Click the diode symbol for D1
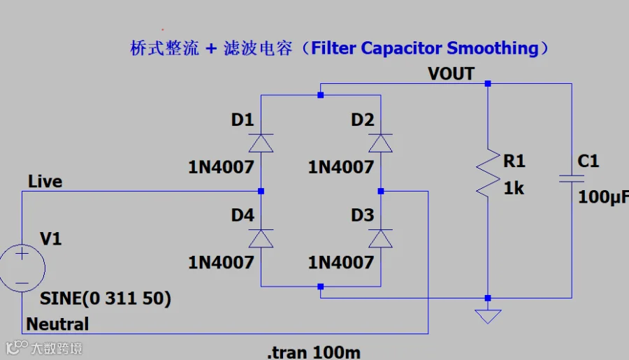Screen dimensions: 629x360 coord(261,143)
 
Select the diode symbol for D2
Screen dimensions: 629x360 coord(381,143)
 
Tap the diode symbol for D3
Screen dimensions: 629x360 coord(381,238)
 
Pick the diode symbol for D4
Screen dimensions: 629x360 coord(261,238)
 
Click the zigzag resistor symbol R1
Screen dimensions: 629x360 coord(488,173)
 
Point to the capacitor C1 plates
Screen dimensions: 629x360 coord(572,178)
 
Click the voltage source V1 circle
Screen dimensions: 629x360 coord(22,268)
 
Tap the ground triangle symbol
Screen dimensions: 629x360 coord(488,316)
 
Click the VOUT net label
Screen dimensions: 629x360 coord(451,74)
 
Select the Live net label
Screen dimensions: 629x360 coord(45,182)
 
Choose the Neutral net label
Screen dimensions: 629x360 coord(57,324)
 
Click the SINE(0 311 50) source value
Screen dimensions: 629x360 coord(106,298)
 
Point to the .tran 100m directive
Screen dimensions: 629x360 coord(314,352)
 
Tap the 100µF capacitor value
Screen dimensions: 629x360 coord(603,197)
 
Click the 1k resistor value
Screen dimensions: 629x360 coord(514,188)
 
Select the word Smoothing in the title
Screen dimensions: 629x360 coord(493,48)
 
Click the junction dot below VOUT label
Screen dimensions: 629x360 coord(488,83)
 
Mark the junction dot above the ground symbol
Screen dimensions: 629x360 coord(488,298)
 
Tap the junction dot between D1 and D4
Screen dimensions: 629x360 coord(261,191)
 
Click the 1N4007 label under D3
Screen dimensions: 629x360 coord(341,262)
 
